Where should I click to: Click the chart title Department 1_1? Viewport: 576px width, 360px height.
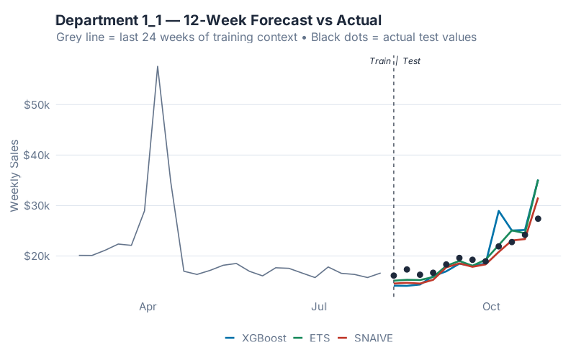click(x=218, y=19)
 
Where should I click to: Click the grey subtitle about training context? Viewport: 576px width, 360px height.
click(x=266, y=37)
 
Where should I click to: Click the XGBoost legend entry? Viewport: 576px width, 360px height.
click(x=255, y=338)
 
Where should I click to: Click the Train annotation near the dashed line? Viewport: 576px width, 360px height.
click(x=380, y=61)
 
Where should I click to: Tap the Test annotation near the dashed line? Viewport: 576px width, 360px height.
click(x=411, y=61)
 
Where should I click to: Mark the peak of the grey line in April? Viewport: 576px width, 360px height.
click(x=158, y=66)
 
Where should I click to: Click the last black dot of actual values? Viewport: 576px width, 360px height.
click(x=538, y=219)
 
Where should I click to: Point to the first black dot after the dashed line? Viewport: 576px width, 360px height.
click(x=394, y=276)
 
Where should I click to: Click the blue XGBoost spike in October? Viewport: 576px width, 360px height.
click(x=499, y=211)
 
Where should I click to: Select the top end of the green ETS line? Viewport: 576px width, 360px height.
click(x=538, y=180)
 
